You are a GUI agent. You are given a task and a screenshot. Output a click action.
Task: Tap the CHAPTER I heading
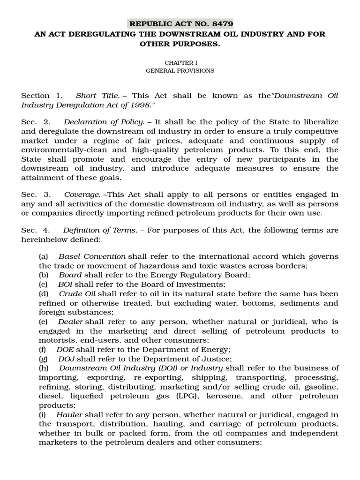[180, 62]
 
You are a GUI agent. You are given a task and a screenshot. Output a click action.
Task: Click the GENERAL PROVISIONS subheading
[180, 70]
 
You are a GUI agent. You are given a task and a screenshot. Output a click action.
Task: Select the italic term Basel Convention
[92, 256]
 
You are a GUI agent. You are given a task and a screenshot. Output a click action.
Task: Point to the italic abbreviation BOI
[66, 284]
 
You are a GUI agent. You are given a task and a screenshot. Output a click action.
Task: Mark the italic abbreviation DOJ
[66, 359]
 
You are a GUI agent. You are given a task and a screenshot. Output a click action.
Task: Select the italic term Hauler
[69, 414]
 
